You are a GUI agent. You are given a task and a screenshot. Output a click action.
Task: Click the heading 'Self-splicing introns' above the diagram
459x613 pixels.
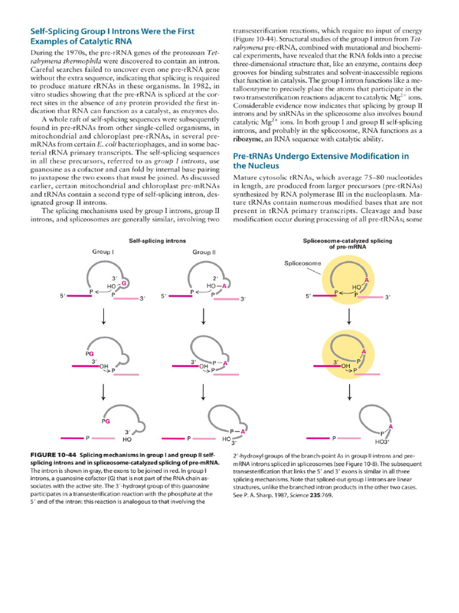157,240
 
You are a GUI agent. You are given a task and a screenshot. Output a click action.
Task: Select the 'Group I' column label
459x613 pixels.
103,252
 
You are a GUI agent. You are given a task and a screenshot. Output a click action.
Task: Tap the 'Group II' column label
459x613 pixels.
204,252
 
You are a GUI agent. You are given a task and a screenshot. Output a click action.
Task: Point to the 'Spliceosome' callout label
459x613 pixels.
302,263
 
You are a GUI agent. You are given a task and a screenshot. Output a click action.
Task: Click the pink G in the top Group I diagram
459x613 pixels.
124,283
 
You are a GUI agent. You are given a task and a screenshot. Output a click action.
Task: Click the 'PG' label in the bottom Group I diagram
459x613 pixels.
106,421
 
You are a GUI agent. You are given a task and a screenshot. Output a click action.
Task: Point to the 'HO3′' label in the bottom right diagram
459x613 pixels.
381,442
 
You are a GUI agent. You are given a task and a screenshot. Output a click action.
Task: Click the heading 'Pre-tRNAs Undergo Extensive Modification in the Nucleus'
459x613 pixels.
320,160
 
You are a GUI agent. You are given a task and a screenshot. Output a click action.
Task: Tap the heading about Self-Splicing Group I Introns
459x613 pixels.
112,36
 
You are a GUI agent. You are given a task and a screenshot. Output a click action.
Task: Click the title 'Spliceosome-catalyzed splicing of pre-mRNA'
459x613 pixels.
348,244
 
